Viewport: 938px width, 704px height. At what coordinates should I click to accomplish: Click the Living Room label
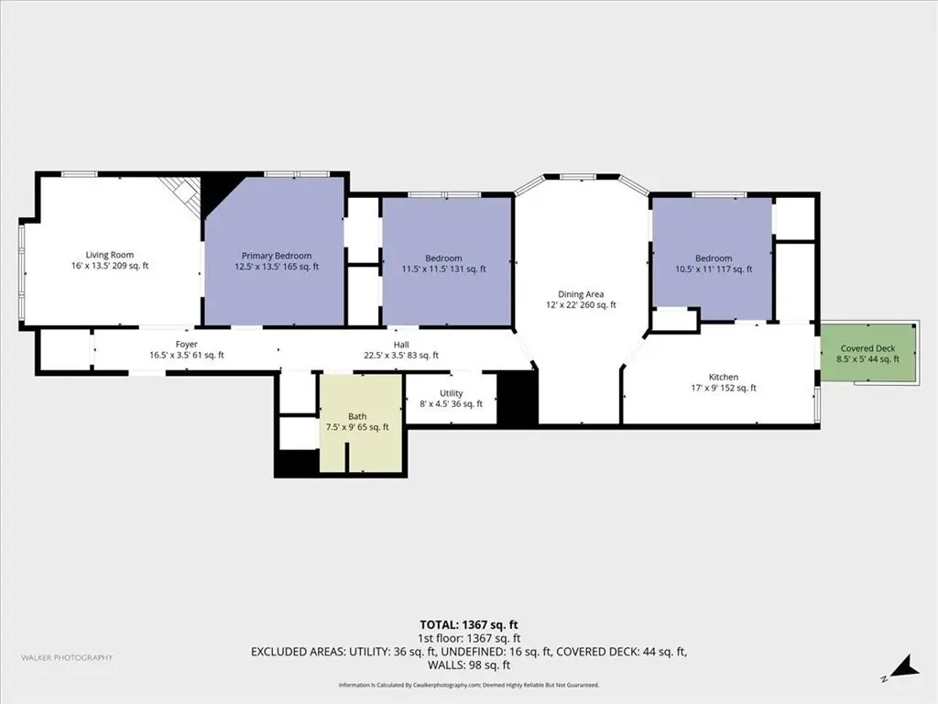[x=110, y=255]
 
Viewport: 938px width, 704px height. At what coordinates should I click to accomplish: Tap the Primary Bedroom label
[x=277, y=256]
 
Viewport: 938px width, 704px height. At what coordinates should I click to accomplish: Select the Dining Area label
[x=581, y=294]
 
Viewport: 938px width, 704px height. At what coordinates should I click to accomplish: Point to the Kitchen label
[x=724, y=377]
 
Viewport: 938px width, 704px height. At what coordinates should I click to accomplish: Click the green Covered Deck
[x=867, y=352]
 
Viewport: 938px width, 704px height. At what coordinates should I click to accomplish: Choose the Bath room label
[x=357, y=417]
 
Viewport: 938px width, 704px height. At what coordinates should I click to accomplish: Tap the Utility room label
[x=451, y=393]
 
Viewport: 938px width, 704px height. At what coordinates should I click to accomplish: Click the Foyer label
[x=187, y=345]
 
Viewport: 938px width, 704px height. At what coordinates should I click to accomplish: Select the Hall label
[x=401, y=345]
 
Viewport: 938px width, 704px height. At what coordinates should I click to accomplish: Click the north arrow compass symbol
[x=901, y=668]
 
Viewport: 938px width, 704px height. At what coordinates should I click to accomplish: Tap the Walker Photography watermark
[x=67, y=657]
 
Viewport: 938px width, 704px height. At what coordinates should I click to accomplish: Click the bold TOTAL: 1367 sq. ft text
[x=468, y=625]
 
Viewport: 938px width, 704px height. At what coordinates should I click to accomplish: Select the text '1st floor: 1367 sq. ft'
[x=468, y=639]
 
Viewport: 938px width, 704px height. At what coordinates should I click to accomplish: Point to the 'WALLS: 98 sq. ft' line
[x=468, y=665]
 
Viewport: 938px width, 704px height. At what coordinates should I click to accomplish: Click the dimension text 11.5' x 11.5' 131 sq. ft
[x=444, y=269]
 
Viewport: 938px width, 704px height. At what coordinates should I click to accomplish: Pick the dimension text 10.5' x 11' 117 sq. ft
[x=714, y=269]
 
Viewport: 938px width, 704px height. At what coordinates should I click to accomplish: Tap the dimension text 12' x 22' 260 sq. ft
[x=581, y=304]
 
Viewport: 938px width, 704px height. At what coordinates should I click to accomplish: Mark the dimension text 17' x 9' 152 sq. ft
[x=724, y=388]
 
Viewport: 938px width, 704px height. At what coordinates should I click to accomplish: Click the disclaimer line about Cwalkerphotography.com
[x=468, y=685]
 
